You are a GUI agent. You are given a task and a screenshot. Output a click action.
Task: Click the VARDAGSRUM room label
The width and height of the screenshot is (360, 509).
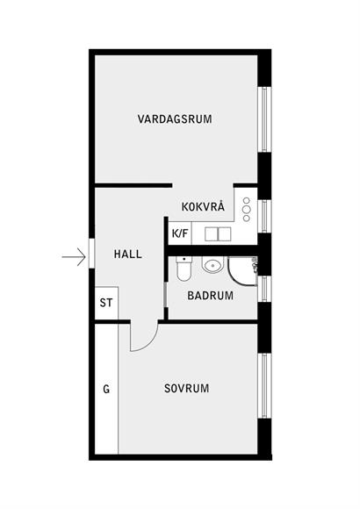[x=175, y=118]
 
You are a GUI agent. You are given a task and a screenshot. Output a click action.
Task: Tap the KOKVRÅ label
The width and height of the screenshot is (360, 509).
[x=203, y=206]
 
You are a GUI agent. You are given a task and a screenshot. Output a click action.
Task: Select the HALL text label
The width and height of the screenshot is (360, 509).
[x=128, y=254]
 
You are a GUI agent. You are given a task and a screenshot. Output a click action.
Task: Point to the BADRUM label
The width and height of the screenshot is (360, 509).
[x=210, y=296]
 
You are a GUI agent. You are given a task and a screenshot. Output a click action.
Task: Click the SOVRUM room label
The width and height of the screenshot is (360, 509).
[x=186, y=388]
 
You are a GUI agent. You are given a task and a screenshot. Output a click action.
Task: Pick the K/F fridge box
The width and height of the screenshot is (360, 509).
[x=180, y=233]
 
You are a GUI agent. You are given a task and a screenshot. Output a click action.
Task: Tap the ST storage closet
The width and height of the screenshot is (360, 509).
[x=106, y=303]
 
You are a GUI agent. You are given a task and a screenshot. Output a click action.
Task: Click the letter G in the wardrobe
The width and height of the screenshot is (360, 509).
[x=106, y=389]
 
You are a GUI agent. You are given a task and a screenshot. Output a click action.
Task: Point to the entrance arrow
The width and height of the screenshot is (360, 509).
[x=74, y=257]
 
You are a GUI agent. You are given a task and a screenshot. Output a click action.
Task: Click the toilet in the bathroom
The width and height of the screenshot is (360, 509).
[x=184, y=269]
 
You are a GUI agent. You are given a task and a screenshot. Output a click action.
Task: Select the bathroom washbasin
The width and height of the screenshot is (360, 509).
[x=213, y=264]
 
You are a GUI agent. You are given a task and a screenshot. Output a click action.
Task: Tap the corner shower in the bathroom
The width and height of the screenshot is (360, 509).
[x=242, y=270]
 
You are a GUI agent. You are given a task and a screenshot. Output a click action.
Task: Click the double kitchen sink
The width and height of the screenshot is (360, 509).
[x=218, y=234]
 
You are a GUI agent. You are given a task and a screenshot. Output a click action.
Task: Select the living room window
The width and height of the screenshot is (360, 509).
[x=264, y=119]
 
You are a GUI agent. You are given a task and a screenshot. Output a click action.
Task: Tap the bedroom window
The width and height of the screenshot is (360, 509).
[x=264, y=385]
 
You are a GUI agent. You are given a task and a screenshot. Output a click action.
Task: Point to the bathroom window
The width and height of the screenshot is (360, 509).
[x=264, y=289]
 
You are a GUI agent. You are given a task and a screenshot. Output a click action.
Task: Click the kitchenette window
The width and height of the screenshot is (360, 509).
[x=264, y=216]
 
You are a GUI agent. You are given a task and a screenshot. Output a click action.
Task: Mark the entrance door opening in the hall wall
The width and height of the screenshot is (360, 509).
[x=91, y=254]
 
